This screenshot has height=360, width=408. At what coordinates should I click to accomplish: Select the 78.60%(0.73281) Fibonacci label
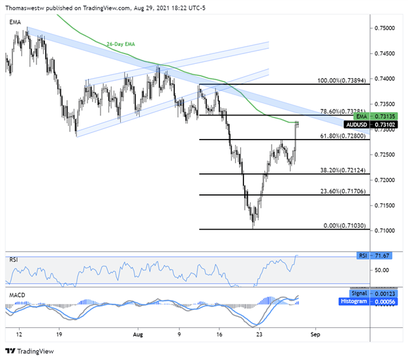[x=333, y=111]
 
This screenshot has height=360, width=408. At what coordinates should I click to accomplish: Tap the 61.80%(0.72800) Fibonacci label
[x=333, y=136]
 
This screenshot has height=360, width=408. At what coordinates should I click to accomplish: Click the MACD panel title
[x=16, y=296]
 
